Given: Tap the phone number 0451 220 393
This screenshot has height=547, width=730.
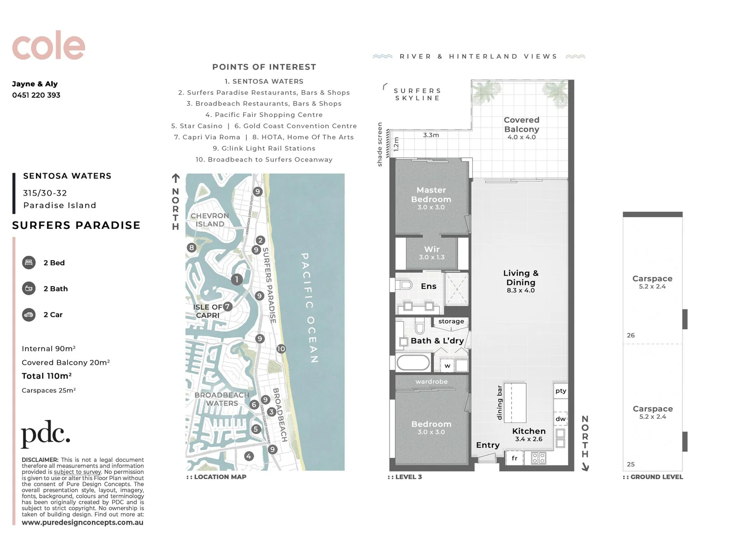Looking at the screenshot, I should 36,95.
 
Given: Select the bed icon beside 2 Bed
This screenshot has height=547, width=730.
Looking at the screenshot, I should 29,263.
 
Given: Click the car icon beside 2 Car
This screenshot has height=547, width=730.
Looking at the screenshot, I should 29,315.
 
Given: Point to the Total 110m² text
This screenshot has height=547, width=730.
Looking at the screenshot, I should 46,376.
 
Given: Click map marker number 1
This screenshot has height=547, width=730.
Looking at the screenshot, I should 236,280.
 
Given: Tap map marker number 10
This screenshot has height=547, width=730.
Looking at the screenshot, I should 281,349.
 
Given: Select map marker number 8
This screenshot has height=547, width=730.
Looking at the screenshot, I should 191,248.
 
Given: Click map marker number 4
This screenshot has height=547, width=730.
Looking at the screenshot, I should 248,456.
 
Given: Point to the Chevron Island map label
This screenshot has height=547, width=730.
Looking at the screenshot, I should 210,220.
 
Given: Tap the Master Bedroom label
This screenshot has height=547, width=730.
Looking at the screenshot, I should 431,195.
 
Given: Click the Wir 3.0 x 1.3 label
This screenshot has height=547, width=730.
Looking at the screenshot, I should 432,253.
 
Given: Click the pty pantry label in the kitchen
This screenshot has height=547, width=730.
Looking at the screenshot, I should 560,390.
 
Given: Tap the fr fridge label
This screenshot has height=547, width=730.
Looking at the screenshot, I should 514,458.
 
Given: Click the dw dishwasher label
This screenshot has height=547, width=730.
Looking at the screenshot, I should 560,419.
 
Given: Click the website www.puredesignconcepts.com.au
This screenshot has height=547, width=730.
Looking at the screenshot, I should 83,523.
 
